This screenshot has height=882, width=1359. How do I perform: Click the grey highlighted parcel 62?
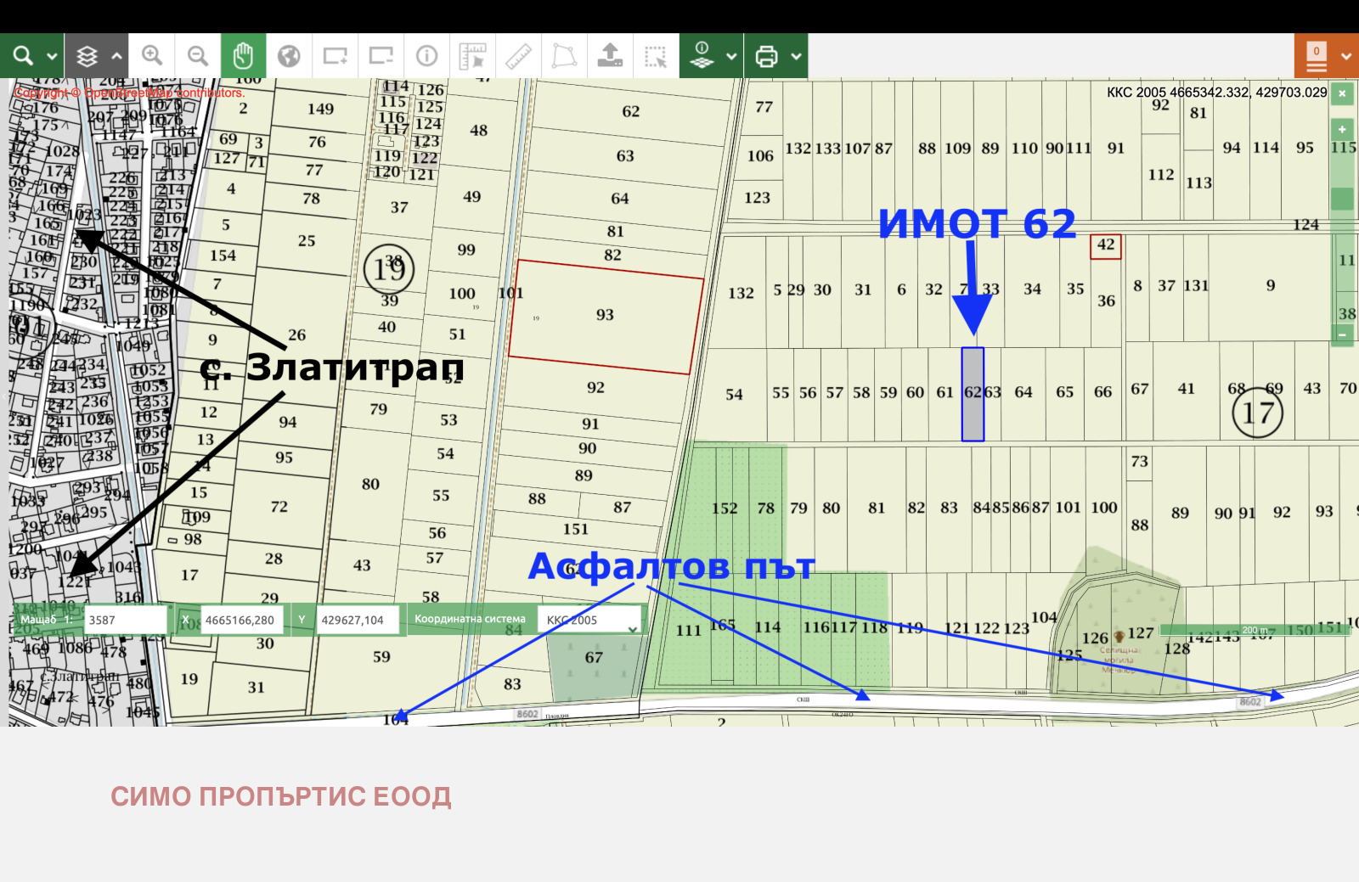pyautogui.click(x=973, y=395)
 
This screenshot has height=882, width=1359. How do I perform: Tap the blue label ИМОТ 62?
pyautogui.click(x=977, y=224)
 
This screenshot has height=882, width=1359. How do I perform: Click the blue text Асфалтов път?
pyautogui.click(x=671, y=566)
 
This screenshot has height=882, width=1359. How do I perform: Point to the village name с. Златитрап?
pyautogui.click(x=332, y=368)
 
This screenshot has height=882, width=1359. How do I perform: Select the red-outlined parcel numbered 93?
pyautogui.click(x=606, y=316)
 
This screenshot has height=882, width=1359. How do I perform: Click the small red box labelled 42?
pyautogui.click(x=1106, y=246)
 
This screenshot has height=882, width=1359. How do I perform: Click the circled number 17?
pyautogui.click(x=1257, y=413)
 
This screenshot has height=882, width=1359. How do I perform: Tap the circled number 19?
pyautogui.click(x=389, y=269)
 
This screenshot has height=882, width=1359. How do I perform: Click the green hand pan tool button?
pyautogui.click(x=243, y=56)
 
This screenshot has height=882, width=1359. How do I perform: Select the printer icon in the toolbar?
pyautogui.click(x=766, y=56)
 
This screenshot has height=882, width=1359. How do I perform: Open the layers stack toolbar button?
pyautogui.click(x=87, y=56)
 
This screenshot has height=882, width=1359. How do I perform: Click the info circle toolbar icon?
pyautogui.click(x=426, y=56)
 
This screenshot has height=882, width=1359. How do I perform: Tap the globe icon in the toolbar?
pyautogui.click(x=289, y=56)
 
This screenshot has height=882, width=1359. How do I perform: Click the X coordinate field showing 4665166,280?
pyautogui.click(x=243, y=620)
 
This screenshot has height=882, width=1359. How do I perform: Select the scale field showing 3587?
pyautogui.click(x=125, y=620)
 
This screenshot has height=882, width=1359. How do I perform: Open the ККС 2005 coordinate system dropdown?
pyautogui.click(x=591, y=620)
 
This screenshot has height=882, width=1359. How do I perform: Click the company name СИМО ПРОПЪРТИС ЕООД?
pyautogui.click(x=281, y=796)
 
